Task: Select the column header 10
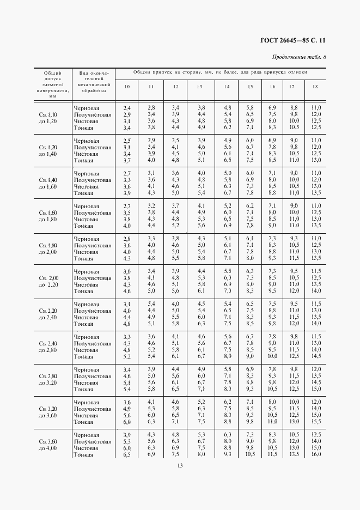[126, 87]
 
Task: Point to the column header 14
[227, 87]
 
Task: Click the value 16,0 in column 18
[316, 454]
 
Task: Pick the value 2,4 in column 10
[127, 108]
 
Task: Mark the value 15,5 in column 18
[316, 422]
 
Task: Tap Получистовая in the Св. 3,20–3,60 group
[93, 409]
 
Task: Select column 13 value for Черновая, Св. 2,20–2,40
[201, 303]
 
